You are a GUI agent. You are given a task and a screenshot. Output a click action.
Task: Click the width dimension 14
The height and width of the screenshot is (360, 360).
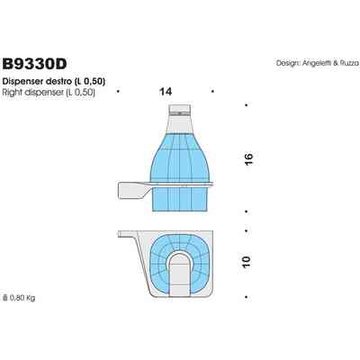coord(165,92)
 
